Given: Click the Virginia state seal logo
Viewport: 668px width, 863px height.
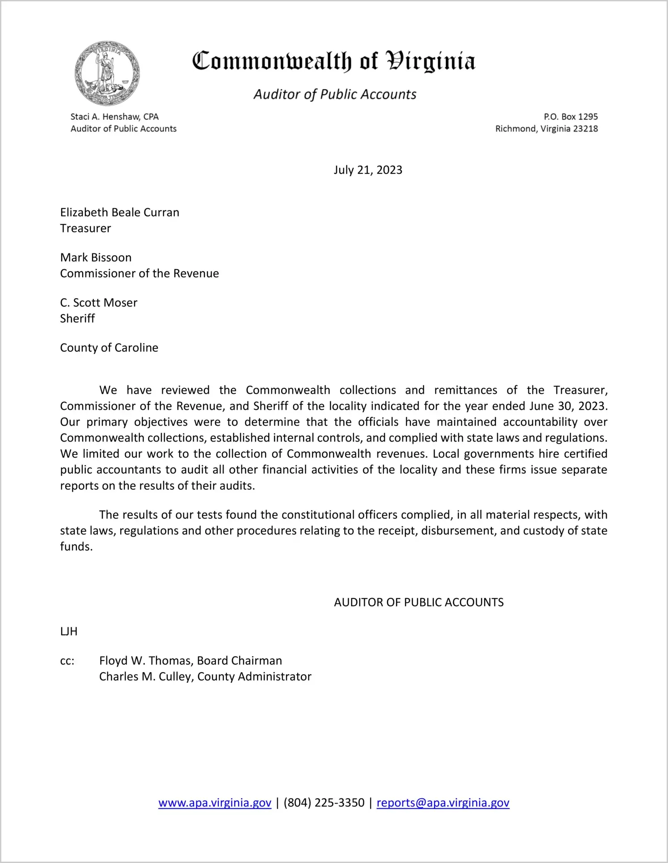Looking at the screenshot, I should [x=107, y=73].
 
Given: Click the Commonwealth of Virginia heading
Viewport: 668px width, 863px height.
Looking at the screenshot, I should [x=334, y=61].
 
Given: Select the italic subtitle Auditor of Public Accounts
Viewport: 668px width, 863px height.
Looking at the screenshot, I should [x=335, y=94].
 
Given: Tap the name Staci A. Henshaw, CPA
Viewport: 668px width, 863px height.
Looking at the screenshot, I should [x=114, y=117].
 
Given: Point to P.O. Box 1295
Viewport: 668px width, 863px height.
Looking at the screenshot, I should [x=571, y=117].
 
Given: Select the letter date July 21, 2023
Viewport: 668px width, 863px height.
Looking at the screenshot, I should [x=368, y=170].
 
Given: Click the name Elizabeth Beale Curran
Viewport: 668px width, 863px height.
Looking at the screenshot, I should [x=119, y=212].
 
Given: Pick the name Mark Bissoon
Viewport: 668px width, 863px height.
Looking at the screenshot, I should [x=96, y=257].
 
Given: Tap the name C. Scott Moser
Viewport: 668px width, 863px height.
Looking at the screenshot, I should [x=98, y=303].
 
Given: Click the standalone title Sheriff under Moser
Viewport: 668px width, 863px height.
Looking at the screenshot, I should [x=77, y=319].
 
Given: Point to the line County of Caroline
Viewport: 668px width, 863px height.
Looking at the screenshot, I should [x=109, y=348].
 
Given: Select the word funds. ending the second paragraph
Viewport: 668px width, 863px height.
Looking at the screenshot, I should [x=76, y=547].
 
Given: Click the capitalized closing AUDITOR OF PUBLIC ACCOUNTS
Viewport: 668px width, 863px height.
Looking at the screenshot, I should [x=419, y=602].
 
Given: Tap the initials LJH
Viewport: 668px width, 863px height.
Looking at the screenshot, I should [x=69, y=631].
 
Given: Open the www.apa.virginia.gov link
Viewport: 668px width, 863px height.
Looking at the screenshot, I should [x=215, y=803].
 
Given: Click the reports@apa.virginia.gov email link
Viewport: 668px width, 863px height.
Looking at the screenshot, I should [x=443, y=803].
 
